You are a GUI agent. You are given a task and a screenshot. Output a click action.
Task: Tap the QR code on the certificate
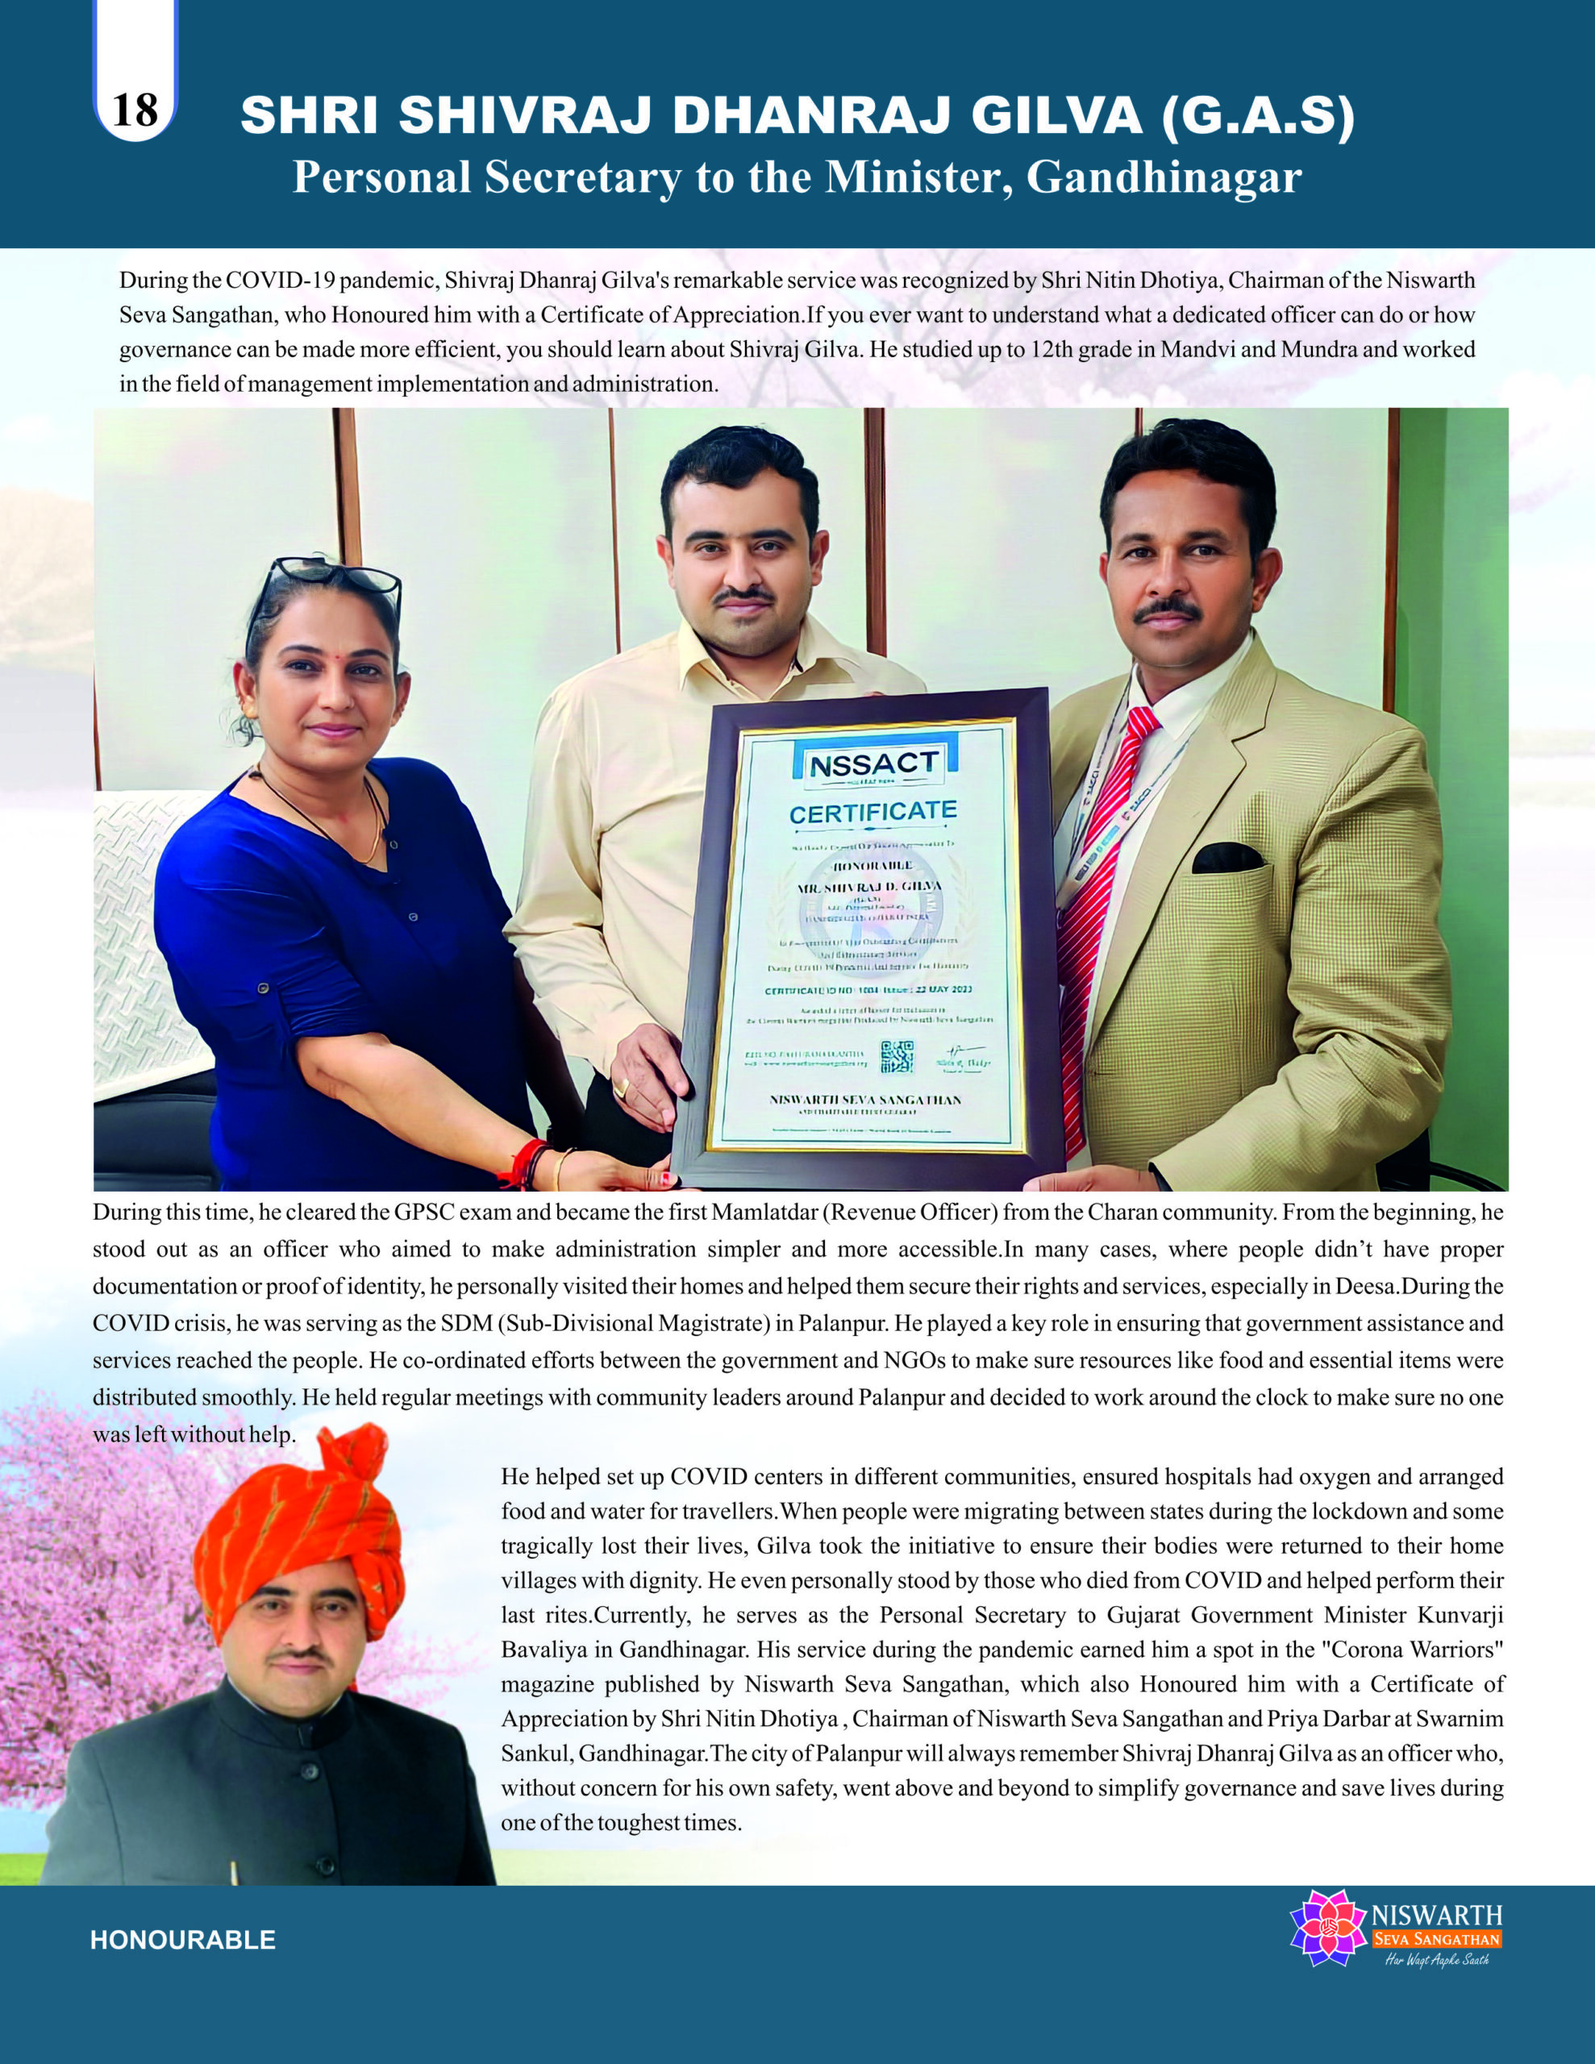pos(897,1055)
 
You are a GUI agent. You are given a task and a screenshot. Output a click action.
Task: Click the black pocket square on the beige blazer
pos(1227,857)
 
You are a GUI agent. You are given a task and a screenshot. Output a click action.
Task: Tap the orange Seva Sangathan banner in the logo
pos(1436,1939)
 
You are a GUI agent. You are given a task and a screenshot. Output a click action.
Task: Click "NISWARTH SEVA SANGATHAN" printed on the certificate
pos(865,1100)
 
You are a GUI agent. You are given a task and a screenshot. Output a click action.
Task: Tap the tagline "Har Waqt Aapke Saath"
pos(1436,1960)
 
